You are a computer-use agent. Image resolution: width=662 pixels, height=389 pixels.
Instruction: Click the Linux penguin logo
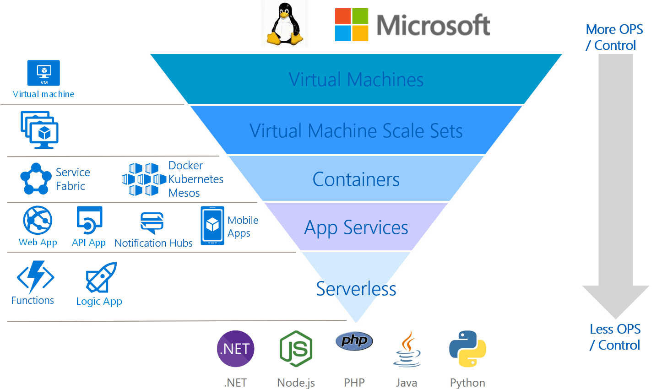[x=285, y=24]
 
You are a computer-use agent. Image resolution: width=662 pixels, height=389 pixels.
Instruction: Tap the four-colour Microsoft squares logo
[x=352, y=25]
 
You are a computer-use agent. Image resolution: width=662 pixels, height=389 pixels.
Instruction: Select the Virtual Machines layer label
[x=356, y=80]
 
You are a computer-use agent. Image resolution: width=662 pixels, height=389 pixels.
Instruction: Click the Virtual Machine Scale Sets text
[x=356, y=131]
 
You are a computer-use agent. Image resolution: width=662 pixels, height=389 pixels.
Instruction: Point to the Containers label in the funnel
[x=356, y=179]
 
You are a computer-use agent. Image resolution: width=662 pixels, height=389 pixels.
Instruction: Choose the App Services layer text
[x=356, y=227]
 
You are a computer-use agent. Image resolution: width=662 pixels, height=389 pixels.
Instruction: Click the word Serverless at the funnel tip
[x=356, y=289]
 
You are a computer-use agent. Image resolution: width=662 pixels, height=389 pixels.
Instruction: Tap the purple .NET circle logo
[x=236, y=349]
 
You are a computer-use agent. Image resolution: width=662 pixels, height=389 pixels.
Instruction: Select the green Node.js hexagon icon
[x=296, y=349]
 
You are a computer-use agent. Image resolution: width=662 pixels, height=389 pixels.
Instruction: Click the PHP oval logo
[x=354, y=341]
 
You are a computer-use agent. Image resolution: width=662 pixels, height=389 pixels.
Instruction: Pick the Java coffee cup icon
[x=407, y=350]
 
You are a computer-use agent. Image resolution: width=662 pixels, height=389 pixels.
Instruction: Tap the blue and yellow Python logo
[x=467, y=349]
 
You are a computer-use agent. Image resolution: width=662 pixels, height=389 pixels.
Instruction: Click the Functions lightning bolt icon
[x=35, y=277]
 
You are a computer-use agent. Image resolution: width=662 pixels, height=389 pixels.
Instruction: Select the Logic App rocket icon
[x=102, y=277]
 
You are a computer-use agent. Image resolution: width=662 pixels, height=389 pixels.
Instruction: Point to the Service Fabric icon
[x=36, y=178]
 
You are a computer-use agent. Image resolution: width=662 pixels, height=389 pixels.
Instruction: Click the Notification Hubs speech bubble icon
[x=152, y=223]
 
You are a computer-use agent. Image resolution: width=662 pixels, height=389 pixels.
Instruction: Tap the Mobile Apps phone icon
[x=212, y=225]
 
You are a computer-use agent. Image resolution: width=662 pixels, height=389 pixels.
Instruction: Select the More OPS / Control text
[x=614, y=37]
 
